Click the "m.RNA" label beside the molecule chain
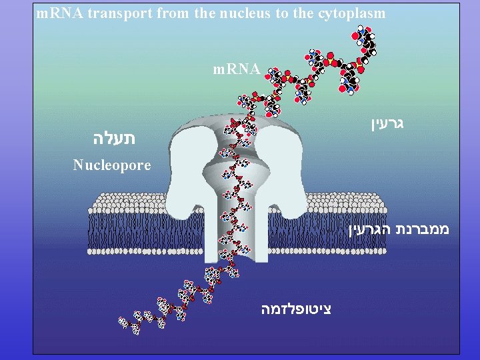237,68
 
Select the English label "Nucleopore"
112,165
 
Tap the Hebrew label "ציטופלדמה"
296,309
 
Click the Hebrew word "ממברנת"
423,230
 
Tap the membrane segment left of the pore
127,223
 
